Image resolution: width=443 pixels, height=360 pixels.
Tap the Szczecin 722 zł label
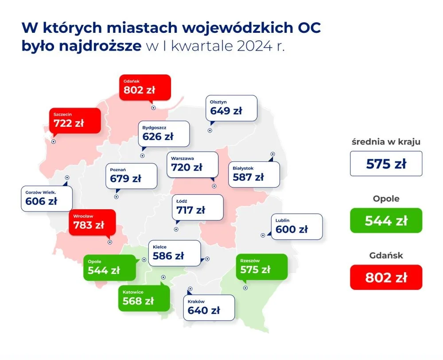pos(74,120)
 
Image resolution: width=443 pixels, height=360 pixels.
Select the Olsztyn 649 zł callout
pos(231,108)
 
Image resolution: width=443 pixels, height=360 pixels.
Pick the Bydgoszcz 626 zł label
pos(164,133)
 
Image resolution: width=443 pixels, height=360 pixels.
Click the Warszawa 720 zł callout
pos(192,164)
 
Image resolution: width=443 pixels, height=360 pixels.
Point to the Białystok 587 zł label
pos(254,174)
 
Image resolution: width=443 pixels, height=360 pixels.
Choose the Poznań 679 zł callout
pos(131,176)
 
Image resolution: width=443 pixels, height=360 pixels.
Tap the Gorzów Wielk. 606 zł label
pos(47,198)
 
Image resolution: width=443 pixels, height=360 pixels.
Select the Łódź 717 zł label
pos(198,207)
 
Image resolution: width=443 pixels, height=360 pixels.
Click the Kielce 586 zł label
pos(174,253)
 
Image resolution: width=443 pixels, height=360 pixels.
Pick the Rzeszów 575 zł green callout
pos(261,266)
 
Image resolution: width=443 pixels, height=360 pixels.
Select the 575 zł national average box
pos(386,164)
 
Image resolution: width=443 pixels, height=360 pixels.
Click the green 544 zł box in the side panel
pos(386,220)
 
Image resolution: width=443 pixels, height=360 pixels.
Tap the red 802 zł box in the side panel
pos(386,277)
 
